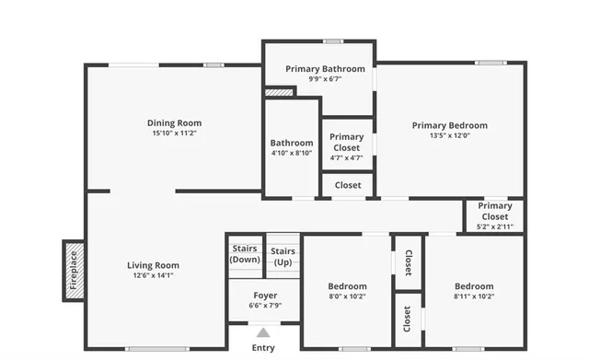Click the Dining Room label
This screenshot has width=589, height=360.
(174, 122)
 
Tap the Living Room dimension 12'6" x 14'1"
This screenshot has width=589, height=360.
(153, 275)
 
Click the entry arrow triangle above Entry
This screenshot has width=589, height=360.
(263, 332)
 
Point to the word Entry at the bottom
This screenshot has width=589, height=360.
(263, 348)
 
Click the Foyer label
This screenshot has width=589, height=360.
(264, 296)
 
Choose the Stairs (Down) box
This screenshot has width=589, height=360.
(245, 253)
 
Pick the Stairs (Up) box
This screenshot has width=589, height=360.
(283, 255)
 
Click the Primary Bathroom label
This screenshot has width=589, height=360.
(325, 68)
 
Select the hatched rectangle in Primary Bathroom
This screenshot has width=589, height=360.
(279, 91)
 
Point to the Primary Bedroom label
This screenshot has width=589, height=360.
(449, 125)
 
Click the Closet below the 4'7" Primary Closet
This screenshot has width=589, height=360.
(348, 185)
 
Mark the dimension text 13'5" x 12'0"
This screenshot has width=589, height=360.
(449, 135)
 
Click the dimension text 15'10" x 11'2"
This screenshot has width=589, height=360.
(174, 133)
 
